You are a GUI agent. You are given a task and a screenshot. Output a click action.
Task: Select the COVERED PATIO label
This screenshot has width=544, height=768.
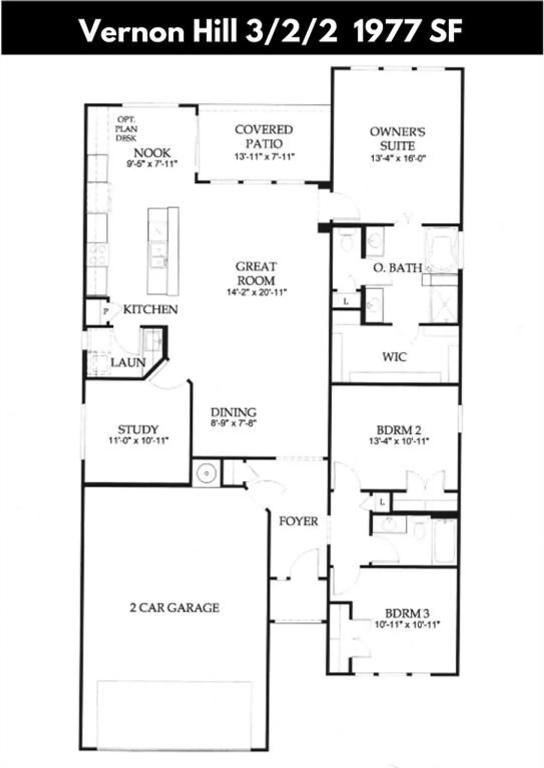[264, 137]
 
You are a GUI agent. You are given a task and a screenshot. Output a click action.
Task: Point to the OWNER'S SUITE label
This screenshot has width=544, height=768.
[397, 138]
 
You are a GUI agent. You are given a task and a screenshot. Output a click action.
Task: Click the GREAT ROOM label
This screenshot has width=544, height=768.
[256, 273]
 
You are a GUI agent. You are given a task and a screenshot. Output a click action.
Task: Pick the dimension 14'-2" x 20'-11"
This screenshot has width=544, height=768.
[256, 293]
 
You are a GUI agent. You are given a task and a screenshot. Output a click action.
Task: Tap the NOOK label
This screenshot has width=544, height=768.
[152, 153]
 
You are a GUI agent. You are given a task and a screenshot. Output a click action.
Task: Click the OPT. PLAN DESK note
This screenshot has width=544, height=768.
[126, 129]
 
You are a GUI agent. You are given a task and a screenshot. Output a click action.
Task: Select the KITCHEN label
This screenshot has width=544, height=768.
[151, 309]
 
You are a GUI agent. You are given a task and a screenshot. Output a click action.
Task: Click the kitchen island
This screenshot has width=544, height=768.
[163, 251]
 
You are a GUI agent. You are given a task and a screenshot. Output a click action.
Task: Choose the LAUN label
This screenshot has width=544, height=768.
[128, 362]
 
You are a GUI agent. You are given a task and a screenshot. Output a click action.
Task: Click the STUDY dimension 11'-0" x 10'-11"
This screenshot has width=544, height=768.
[138, 441]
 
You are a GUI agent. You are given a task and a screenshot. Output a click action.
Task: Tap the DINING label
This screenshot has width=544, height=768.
[233, 412]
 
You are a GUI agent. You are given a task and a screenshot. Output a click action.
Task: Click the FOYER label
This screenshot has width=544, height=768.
[298, 521]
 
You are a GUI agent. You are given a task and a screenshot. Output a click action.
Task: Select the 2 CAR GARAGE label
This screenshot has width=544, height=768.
[174, 608]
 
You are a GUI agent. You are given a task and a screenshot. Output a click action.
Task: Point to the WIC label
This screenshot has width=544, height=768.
[394, 357]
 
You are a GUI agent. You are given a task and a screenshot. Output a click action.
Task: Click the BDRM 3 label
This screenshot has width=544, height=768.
[407, 613]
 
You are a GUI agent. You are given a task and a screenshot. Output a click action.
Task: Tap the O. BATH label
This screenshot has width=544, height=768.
[398, 267]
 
